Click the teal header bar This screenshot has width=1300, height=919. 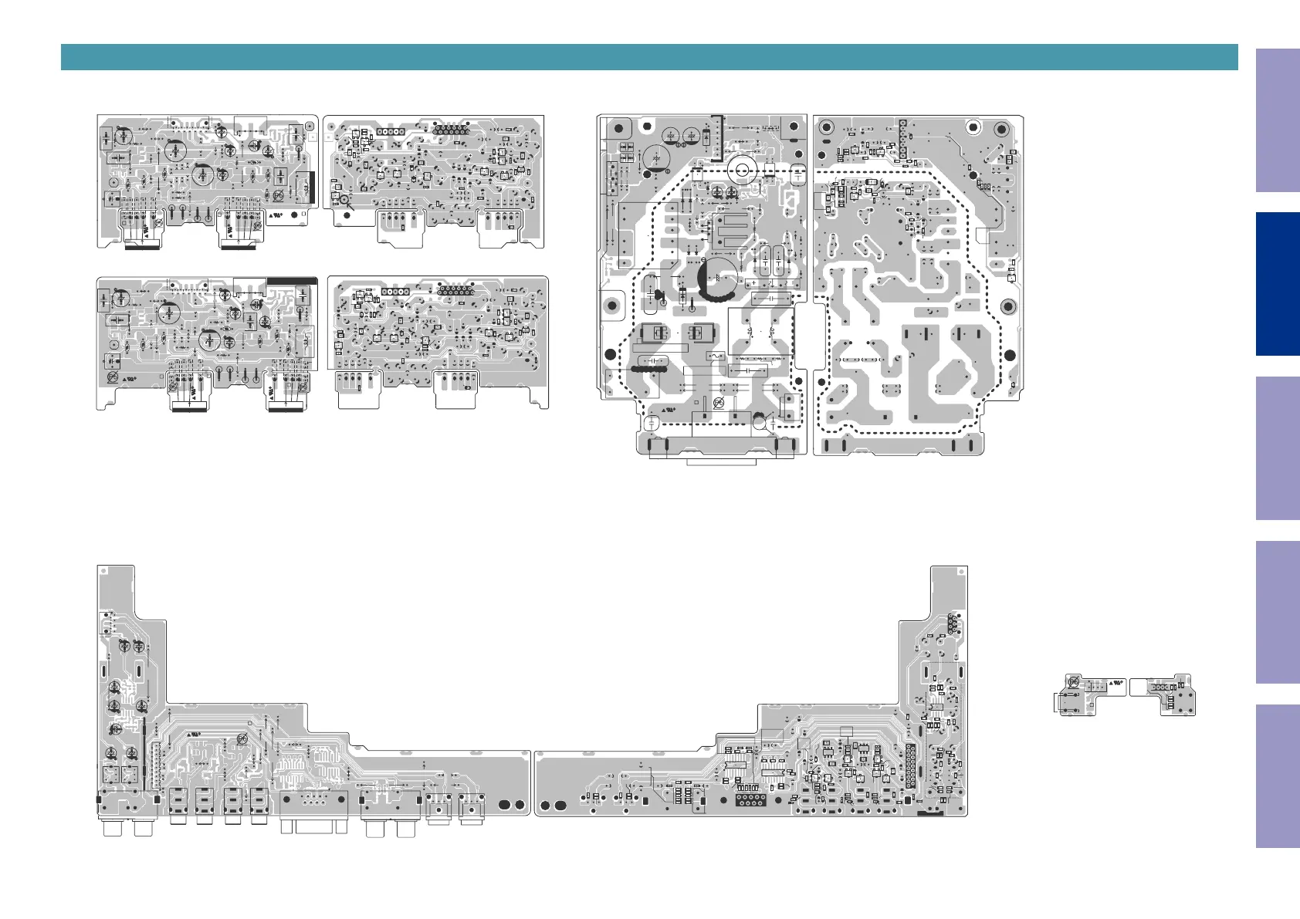[x=648, y=57]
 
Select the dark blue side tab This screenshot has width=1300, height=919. [x=1277, y=284]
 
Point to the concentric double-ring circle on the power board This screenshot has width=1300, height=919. [x=742, y=170]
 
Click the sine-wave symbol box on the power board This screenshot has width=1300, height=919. [x=716, y=356]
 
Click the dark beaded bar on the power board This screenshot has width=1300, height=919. [x=648, y=370]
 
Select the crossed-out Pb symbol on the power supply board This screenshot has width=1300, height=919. [x=718, y=403]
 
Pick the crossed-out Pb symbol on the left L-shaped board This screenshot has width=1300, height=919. [x=242, y=738]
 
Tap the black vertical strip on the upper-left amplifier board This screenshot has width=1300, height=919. [x=312, y=188]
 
